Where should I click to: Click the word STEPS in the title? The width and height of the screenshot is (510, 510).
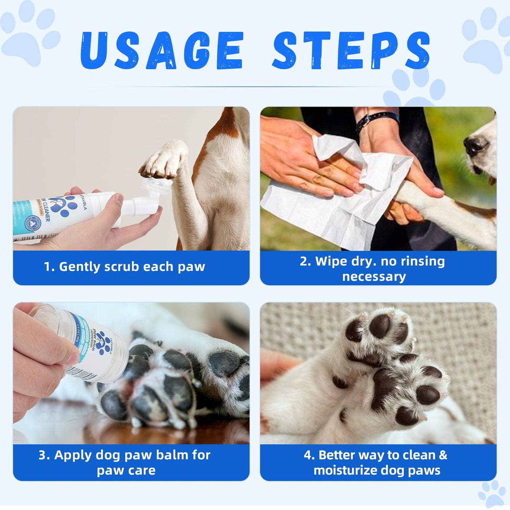(351, 50)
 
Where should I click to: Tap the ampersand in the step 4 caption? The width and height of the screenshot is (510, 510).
(443, 455)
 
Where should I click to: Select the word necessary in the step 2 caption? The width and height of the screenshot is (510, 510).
(374, 277)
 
